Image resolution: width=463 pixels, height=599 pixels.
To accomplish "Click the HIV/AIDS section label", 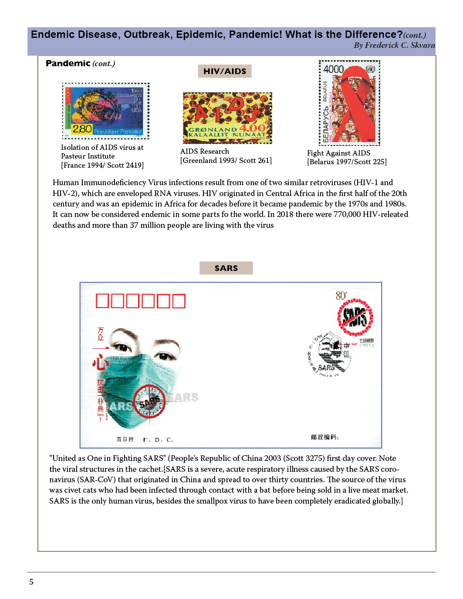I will point(225,71).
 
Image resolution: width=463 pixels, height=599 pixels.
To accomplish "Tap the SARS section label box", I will point(226,268).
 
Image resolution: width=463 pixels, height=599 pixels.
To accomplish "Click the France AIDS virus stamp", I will point(106,111).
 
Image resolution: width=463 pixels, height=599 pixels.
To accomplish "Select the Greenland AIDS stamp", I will point(227,118).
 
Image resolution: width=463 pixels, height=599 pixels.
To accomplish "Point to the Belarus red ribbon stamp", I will point(349,103).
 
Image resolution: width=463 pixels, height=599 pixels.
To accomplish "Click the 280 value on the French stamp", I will point(82,129).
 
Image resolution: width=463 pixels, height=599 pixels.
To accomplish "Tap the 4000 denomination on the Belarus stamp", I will point(334,69).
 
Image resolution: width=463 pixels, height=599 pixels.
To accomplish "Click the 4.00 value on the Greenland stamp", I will point(252,128).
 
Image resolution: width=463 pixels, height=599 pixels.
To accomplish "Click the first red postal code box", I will point(102,301).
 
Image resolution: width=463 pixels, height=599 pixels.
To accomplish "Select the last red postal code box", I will point(179,301).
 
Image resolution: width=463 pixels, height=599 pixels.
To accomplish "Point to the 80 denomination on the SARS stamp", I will point(341,296).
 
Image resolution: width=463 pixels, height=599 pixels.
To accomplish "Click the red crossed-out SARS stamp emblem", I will point(355,317).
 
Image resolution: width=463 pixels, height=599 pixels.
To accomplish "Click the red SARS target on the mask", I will point(149,401).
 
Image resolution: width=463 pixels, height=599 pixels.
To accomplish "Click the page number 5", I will point(31,582).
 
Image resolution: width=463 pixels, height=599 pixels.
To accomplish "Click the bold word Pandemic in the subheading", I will point(68,64).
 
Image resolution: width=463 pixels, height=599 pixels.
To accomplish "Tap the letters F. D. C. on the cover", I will point(158,440).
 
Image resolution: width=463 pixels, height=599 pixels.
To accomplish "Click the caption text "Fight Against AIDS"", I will point(338,153).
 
